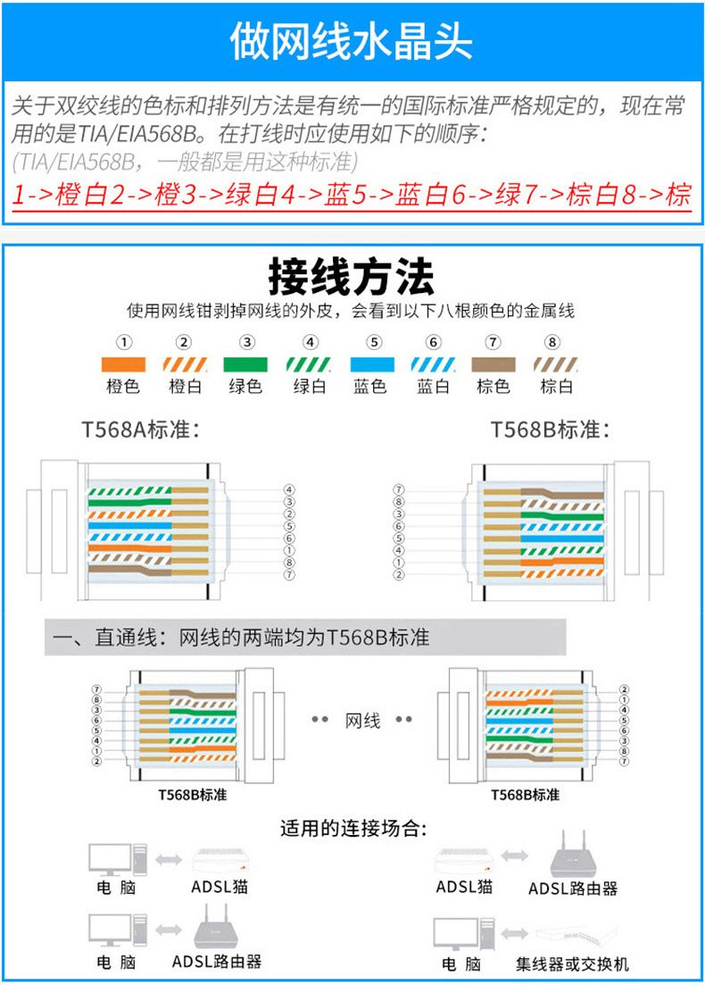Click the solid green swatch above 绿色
pyautogui.click(x=245, y=365)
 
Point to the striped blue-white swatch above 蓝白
pyautogui.click(x=433, y=365)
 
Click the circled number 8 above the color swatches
pyautogui.click(x=552, y=342)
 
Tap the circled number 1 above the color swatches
pyautogui.click(x=125, y=342)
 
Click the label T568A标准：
pyautogui.click(x=141, y=430)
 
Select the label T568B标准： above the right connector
pyautogui.click(x=551, y=430)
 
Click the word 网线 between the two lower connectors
pyautogui.click(x=362, y=720)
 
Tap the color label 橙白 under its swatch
pyautogui.click(x=185, y=387)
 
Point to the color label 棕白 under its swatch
pyautogui.click(x=556, y=387)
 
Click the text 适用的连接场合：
pyautogui.click(x=352, y=828)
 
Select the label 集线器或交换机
pyautogui.click(x=572, y=964)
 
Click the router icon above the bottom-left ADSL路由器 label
pyautogui.click(x=215, y=930)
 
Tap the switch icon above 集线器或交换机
pyautogui.click(x=572, y=934)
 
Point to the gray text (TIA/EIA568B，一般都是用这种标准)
pyautogui.click(x=185, y=162)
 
